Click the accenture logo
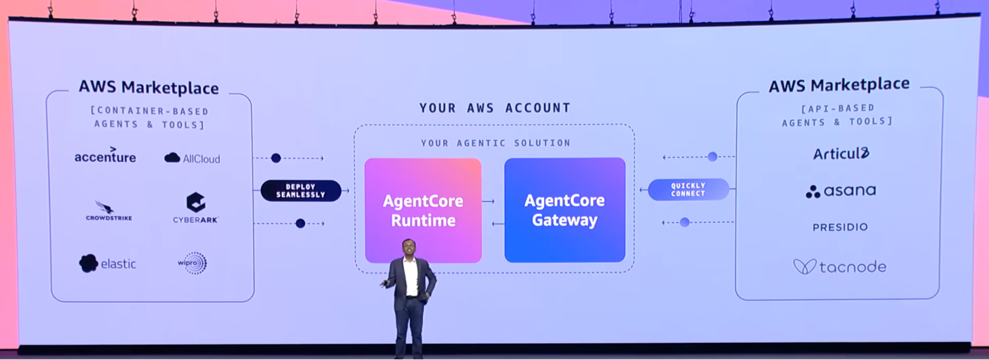[105, 156]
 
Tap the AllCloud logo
[192, 158]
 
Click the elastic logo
[107, 264]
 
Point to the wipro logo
[192, 263]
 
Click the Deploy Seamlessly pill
[301, 191]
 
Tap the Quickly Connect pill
[688, 189]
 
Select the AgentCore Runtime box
[423, 210]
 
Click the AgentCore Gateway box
[565, 210]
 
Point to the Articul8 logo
[841, 154]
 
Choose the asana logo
[841, 191]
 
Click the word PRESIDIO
[840, 227]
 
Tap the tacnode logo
[840, 267]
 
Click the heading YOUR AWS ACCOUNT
[495, 108]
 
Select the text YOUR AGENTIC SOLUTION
[496, 143]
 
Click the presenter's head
[409, 248]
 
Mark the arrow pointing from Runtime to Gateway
[488, 201]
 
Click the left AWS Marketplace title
[148, 88]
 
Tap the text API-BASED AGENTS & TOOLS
[838, 115]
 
